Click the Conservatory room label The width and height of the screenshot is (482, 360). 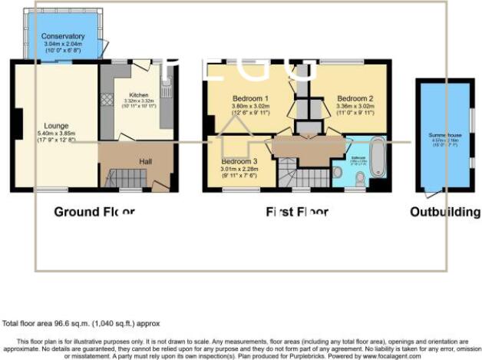point(63,36)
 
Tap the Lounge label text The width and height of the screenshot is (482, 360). point(56,126)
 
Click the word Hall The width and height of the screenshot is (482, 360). point(144,161)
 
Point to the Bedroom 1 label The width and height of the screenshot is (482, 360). point(250,98)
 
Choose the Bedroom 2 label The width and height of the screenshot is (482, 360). point(355,98)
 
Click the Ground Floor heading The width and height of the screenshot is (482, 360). point(94,211)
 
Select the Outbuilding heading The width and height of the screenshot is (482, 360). point(444,211)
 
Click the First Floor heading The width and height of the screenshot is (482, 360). point(297,211)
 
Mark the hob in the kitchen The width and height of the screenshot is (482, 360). point(107,99)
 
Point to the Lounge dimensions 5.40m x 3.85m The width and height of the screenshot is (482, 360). point(56,134)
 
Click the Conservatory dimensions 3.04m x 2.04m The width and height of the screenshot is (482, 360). point(63,45)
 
